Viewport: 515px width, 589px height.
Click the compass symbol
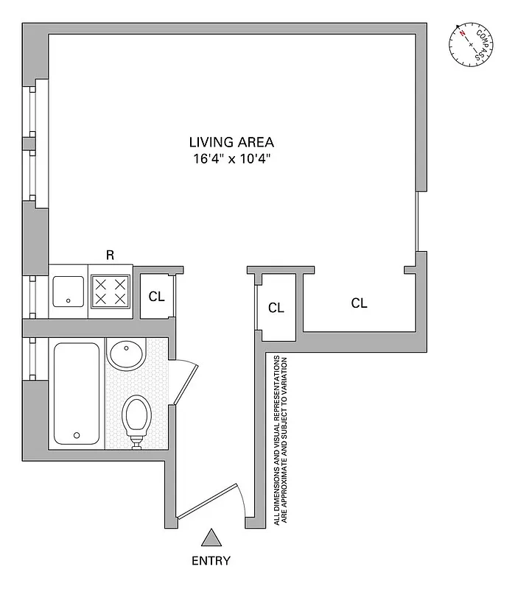tap(472, 45)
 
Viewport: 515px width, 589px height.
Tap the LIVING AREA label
tap(231, 142)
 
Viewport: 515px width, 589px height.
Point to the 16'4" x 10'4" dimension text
tap(231, 158)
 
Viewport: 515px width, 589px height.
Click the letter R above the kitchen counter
tap(110, 255)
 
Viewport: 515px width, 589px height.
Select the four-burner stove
tap(111, 291)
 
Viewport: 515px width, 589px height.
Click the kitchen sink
tap(69, 291)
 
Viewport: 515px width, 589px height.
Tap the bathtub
tap(76, 393)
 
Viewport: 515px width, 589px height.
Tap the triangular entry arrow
tap(211, 538)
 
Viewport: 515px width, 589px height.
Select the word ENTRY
tap(211, 560)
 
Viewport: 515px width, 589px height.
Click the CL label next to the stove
tap(156, 297)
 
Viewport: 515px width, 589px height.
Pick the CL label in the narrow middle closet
tap(276, 308)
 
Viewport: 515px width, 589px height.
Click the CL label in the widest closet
tap(359, 303)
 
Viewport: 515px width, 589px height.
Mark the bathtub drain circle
tap(76, 435)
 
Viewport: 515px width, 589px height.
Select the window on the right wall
tap(417, 221)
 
